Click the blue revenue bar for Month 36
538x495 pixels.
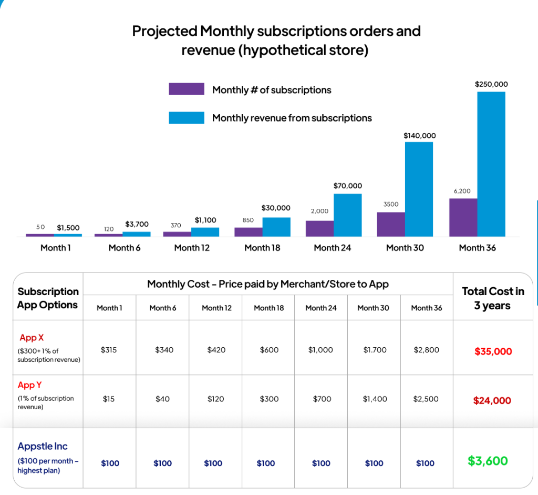coord(491,164)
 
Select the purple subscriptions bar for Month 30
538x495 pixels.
coord(391,224)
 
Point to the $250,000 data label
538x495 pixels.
coord(491,84)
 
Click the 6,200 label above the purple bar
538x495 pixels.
coord(462,191)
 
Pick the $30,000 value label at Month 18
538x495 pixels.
coord(276,208)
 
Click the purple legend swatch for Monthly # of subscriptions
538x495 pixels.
coord(186,89)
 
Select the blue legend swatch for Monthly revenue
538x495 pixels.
coord(186,118)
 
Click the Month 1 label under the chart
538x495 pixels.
coord(55,248)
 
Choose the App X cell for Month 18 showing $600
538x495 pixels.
coord(269,350)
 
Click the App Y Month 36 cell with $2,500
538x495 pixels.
coord(427,399)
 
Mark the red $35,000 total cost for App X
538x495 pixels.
coord(493,351)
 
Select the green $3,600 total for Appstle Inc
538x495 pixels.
coord(488,461)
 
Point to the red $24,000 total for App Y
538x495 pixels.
coord(492,401)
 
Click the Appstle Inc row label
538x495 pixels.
coord(43,447)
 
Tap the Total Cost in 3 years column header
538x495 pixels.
coord(493,298)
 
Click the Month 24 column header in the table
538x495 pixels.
coord(321,308)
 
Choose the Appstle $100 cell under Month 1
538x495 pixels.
coord(110,463)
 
